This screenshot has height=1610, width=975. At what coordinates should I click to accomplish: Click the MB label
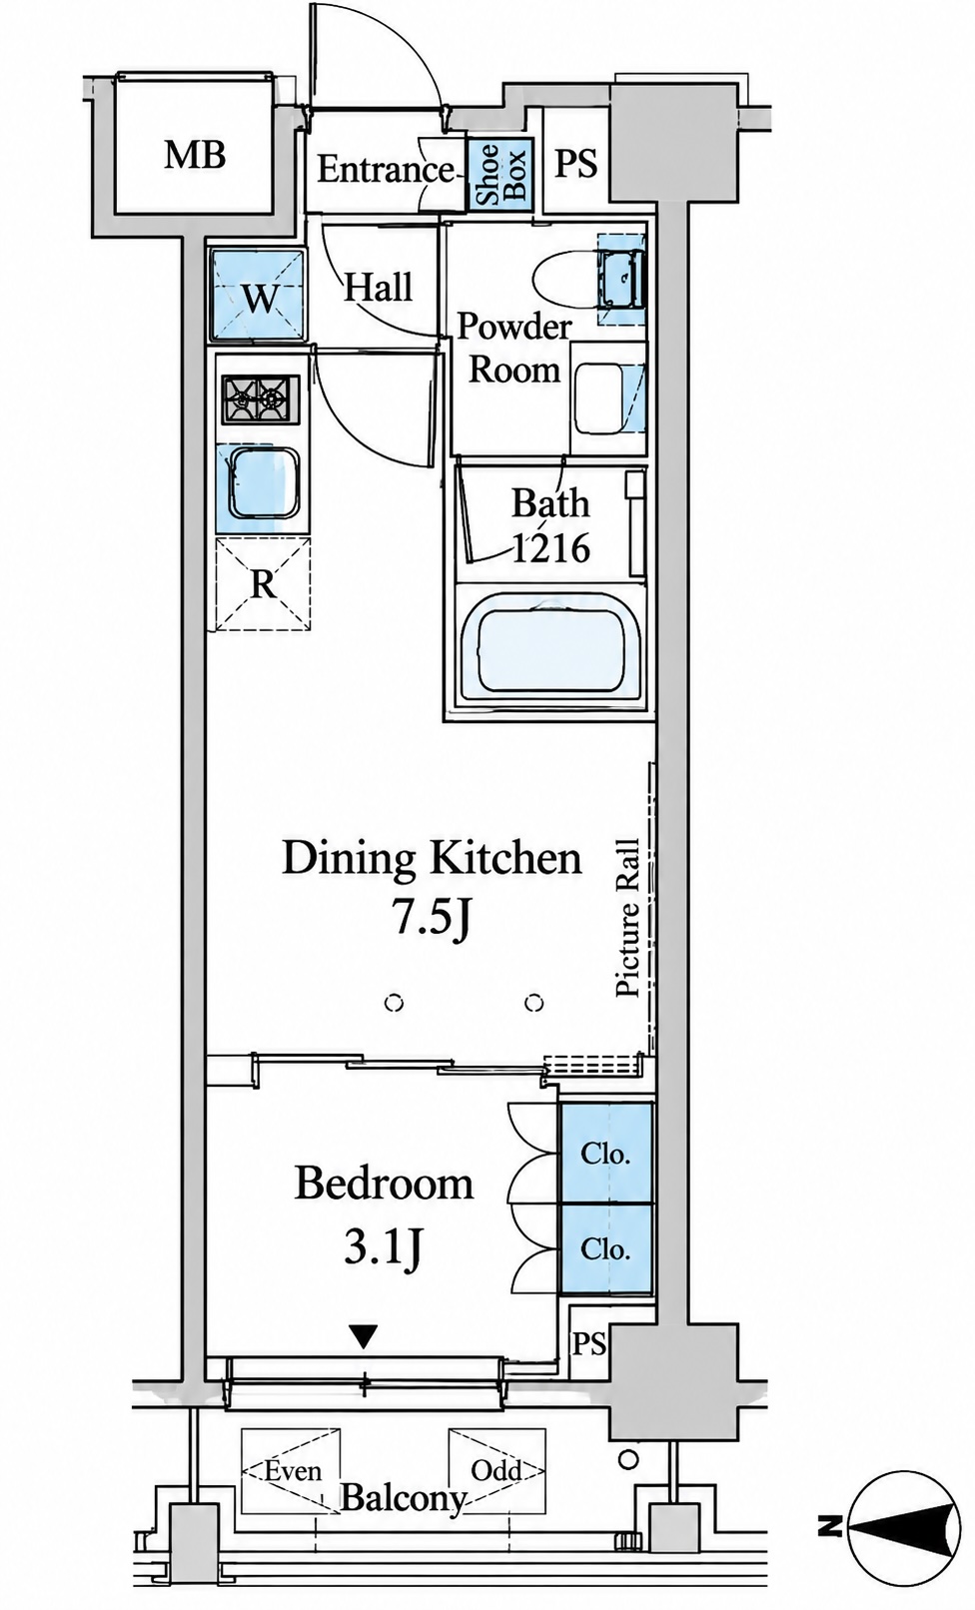(195, 155)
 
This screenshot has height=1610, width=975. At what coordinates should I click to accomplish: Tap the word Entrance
(386, 171)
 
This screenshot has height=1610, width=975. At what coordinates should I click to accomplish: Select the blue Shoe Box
(499, 173)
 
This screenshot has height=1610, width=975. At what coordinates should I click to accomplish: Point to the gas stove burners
(260, 400)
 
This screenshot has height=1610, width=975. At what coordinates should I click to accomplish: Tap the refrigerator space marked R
(263, 584)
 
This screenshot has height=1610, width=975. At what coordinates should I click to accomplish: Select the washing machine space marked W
(257, 297)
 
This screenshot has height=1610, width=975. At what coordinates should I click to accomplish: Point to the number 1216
(550, 548)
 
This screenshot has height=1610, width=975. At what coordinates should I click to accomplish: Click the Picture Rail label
(627, 918)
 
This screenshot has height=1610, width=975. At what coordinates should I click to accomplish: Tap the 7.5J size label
(431, 919)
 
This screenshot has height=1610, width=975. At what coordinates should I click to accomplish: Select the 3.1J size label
(383, 1248)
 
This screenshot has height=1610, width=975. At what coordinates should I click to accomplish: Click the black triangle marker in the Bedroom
(365, 1336)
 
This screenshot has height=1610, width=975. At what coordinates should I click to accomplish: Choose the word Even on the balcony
(293, 1468)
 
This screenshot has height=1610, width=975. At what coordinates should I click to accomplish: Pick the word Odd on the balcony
(496, 1468)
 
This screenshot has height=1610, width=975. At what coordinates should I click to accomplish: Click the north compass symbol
(904, 1520)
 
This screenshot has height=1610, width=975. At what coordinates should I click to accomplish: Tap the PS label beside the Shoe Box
(576, 163)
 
